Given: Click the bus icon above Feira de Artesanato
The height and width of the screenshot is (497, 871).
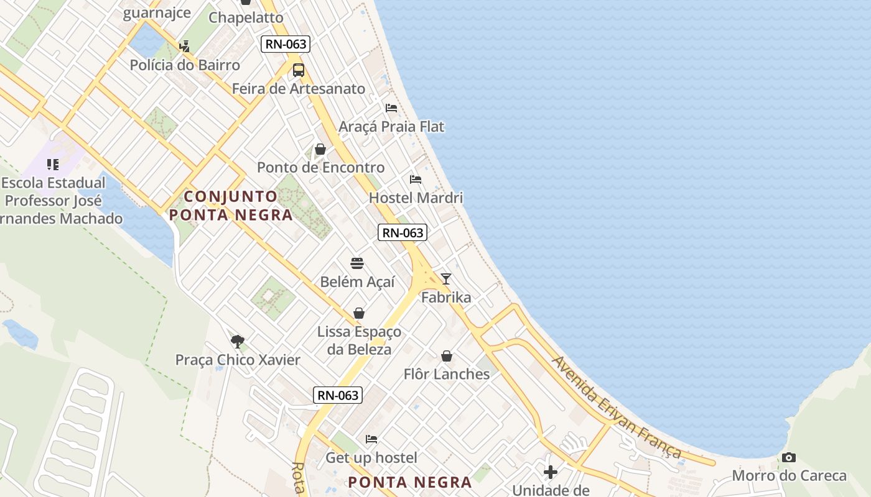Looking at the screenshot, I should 299,70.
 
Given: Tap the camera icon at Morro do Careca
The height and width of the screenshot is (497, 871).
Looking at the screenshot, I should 789,458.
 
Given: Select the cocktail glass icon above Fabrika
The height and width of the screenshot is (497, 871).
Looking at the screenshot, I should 445,279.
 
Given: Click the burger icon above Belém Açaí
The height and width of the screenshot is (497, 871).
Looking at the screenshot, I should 357,263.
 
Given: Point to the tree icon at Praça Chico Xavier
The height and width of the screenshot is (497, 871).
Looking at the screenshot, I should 237,341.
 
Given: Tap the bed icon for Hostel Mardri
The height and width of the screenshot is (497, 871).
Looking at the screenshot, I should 416,180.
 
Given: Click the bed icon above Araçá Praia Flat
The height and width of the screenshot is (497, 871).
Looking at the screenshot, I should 391,108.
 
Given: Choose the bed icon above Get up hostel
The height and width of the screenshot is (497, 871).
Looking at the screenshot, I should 371,439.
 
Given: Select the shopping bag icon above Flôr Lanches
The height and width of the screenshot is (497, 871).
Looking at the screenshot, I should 447,356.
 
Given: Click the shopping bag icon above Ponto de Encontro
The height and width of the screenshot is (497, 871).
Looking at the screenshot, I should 320,149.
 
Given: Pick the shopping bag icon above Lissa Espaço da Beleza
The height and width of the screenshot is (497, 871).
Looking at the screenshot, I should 359,313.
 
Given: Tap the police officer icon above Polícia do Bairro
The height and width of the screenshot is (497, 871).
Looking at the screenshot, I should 184,46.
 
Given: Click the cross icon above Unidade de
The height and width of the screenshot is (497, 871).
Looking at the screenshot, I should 551,472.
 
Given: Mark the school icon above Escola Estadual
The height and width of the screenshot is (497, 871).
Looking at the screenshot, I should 53,165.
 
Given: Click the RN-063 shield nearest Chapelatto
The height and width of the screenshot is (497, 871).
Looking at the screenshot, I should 286,43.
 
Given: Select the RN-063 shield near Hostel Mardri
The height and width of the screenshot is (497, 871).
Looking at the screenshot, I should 403,232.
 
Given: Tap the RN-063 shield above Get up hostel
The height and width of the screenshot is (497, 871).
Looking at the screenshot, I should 338,395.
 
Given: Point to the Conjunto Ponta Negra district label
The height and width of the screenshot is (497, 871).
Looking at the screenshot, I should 231,206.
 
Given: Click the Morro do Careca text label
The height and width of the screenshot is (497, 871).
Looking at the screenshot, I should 789,476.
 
